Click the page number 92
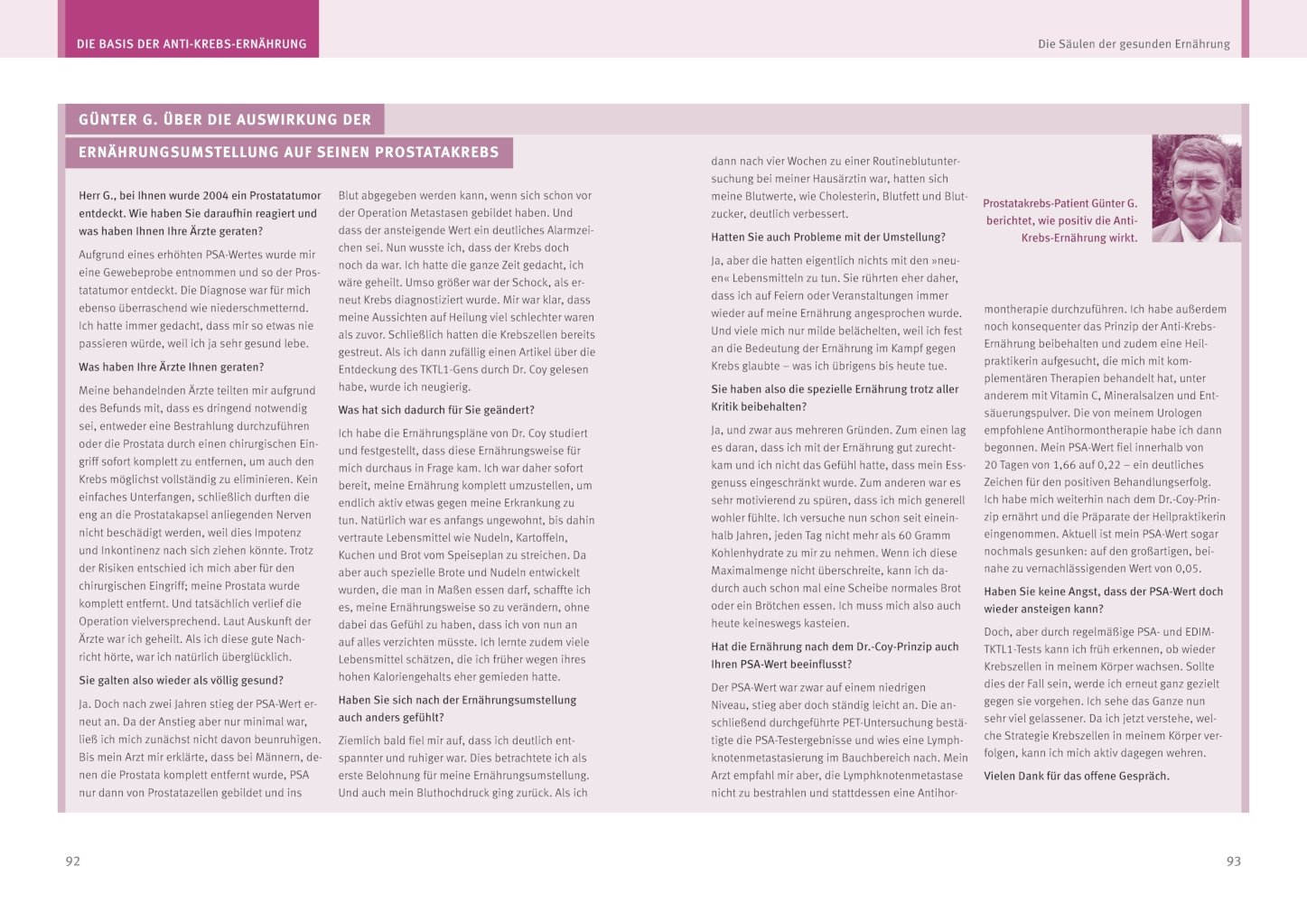coord(73,861)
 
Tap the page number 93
coord(1233,861)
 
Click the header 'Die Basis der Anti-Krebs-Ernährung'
coord(191,43)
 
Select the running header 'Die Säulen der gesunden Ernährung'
coord(1134,43)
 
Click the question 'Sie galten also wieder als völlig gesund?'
coord(181,680)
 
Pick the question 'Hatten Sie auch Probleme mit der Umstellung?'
coord(828,237)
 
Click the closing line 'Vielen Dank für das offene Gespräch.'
coord(1076,776)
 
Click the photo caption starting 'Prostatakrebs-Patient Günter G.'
coord(1060,220)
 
